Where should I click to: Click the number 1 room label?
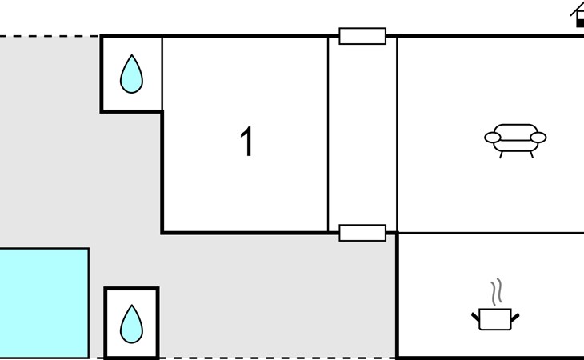(x=247, y=142)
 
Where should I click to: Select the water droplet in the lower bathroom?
(x=131, y=324)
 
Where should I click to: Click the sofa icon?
(x=515, y=138)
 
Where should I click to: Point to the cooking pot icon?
(x=495, y=318)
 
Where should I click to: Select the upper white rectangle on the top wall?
(x=362, y=36)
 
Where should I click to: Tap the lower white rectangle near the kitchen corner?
(x=362, y=233)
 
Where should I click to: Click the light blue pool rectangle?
(x=43, y=302)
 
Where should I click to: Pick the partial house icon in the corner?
(x=578, y=14)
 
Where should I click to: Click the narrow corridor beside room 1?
(x=362, y=136)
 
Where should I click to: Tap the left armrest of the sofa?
(x=492, y=138)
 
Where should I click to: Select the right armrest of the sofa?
(x=538, y=138)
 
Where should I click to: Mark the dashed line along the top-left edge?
(x=48, y=36)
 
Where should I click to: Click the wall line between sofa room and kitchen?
(x=490, y=233)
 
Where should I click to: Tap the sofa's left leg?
(x=502, y=154)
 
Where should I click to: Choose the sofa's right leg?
(x=529, y=154)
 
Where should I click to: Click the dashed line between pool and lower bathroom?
(x=97, y=358)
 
